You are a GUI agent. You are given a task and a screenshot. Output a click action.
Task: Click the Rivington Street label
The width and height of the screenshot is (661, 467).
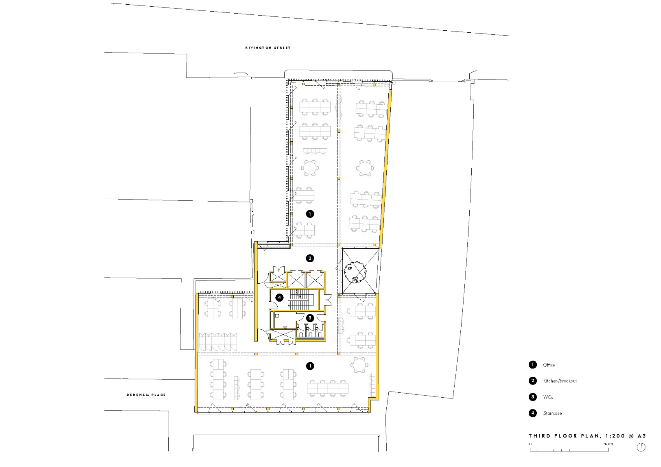point(268,48)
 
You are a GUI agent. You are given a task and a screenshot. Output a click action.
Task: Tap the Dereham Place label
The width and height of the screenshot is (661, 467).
point(146,395)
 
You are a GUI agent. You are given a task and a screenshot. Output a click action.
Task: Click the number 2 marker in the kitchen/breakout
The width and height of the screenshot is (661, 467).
point(310,258)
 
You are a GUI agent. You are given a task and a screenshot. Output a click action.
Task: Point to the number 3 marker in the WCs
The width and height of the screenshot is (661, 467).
point(310,318)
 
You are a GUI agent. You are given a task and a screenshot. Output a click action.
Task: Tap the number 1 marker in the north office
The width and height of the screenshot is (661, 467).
point(310,214)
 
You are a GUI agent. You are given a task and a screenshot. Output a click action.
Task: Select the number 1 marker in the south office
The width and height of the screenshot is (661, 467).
point(310,366)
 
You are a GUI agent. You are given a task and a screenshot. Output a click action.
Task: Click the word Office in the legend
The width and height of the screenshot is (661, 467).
point(549,365)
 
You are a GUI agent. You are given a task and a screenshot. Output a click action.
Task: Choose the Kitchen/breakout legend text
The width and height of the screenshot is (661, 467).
point(560,381)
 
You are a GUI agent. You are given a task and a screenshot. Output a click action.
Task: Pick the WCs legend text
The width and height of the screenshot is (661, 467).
point(548,397)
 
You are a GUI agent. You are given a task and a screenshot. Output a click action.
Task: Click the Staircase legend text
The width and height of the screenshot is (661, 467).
point(552,413)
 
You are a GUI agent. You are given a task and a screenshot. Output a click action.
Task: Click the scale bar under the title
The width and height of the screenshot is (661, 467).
point(569,449)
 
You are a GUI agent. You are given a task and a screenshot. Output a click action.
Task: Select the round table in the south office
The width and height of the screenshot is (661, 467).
point(359,365)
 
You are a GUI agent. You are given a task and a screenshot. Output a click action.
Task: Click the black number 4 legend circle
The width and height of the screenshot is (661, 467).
point(532,413)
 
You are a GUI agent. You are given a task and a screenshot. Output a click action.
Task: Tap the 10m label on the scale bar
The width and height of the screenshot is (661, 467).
point(608,444)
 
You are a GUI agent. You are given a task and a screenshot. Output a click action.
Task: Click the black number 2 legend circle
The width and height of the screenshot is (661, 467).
point(532,381)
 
